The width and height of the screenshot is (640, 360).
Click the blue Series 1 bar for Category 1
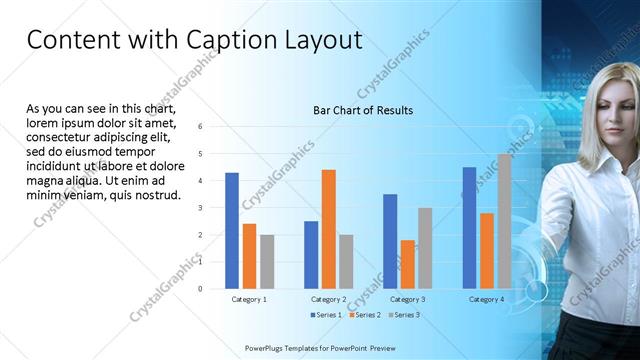(x=232, y=230)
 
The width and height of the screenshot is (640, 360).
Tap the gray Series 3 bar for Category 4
(x=504, y=221)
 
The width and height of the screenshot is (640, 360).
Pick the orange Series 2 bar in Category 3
(x=408, y=264)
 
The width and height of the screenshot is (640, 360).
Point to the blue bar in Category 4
(x=470, y=227)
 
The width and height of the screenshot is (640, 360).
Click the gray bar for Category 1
(x=267, y=261)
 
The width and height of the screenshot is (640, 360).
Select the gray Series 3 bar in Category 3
(x=425, y=248)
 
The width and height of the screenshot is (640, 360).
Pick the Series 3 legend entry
(x=404, y=315)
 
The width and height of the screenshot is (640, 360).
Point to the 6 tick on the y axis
(x=201, y=127)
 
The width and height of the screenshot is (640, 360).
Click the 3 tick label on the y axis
(x=201, y=208)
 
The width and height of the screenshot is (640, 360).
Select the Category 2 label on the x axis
(x=329, y=299)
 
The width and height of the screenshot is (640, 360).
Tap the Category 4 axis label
(x=487, y=299)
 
